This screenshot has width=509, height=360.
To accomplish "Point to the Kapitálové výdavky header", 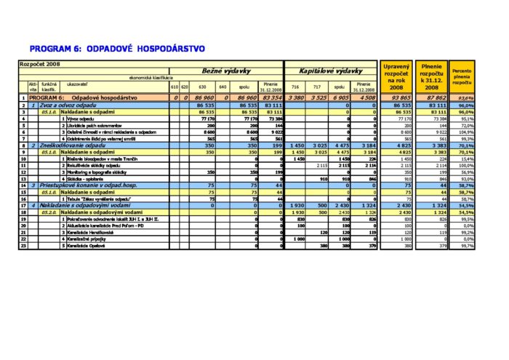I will tap(331, 71).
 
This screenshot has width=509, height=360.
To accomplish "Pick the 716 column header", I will tap(294, 87).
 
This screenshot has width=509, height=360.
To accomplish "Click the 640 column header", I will tap(223, 87).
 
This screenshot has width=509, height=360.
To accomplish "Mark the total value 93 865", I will tap(398, 97).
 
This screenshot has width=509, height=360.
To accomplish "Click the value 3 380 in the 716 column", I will tap(297, 97).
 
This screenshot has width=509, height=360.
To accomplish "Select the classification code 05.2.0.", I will tap(49, 212).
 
